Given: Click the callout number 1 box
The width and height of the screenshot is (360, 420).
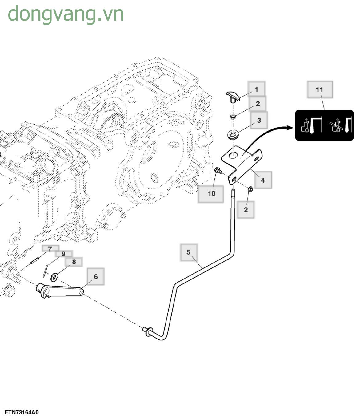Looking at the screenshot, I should pyautogui.click(x=256, y=89).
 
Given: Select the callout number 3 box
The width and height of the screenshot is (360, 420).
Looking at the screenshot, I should pyautogui.click(x=259, y=120).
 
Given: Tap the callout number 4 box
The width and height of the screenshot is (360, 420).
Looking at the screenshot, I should pyautogui.click(x=262, y=180).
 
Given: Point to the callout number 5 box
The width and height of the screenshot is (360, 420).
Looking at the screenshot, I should pyautogui.click(x=189, y=252).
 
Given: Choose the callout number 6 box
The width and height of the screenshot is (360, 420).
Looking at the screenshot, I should pyautogui.click(x=95, y=276).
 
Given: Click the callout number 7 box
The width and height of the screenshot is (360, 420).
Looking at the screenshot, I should pyautogui.click(x=50, y=249).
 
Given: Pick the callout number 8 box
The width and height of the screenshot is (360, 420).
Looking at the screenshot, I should pyautogui.click(x=74, y=262).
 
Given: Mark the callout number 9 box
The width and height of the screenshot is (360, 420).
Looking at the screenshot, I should pyautogui.click(x=64, y=254).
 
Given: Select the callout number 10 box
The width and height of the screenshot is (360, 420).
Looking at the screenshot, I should pyautogui.click(x=211, y=194).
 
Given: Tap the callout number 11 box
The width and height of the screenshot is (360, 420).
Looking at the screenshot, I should pyautogui.click(x=320, y=89).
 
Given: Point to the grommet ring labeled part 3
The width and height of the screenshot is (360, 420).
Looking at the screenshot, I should pyautogui.click(x=234, y=135).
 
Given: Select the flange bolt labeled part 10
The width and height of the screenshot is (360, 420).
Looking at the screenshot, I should pyautogui.click(x=218, y=170).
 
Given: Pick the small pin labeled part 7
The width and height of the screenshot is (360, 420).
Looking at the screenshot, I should pyautogui.click(x=34, y=260).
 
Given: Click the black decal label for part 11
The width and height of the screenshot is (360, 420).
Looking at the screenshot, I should pyautogui.click(x=324, y=125).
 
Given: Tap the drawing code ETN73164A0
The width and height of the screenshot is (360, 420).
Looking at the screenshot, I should pyautogui.click(x=22, y=412).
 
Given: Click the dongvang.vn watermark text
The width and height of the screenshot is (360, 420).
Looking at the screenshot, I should pyautogui.click(x=66, y=14).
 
